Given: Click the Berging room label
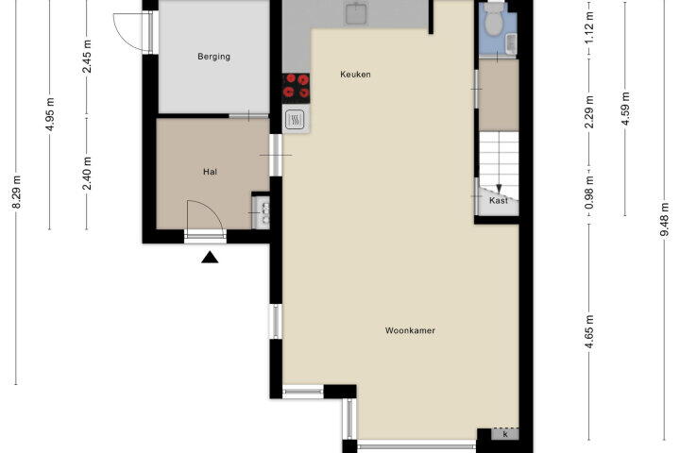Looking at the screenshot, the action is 213,57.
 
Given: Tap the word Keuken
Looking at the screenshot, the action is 356,75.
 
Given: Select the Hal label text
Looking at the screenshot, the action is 210,172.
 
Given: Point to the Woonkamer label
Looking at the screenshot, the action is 410,330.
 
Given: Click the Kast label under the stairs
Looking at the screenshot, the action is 499,201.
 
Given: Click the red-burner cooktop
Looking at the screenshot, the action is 296,86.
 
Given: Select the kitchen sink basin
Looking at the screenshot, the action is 356,13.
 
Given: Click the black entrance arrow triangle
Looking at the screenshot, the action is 210,257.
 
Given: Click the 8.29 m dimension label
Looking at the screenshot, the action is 16,192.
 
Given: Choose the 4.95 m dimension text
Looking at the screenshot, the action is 50,114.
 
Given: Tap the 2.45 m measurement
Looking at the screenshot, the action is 87,57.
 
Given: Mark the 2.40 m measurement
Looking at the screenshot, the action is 87,173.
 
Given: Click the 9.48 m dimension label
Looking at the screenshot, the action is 664,219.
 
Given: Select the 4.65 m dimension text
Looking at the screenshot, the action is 589,331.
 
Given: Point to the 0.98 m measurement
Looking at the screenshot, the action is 589,192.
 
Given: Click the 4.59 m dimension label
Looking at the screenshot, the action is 625,109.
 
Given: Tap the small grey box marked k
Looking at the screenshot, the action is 505,433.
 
